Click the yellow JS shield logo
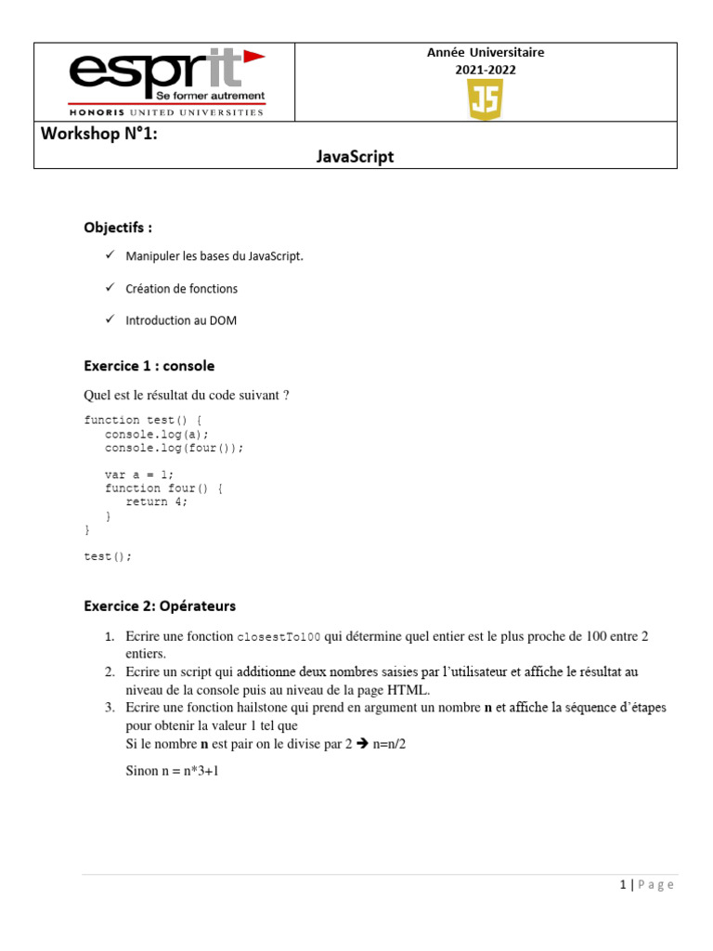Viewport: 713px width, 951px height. tap(486, 99)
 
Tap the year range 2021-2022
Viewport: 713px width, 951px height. tap(486, 70)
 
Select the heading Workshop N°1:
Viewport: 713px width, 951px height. tap(99, 134)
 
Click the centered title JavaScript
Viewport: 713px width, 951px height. tap(355, 157)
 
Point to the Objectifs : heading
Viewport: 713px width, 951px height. tap(118, 228)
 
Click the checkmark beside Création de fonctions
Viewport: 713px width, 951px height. tap(109, 288)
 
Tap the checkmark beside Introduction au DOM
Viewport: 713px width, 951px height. tap(109, 319)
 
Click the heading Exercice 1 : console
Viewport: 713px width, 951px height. tap(149, 366)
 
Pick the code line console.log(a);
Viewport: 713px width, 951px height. tap(157, 434)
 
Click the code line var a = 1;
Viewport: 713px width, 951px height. tap(139, 475)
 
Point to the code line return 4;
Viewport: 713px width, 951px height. tap(157, 502)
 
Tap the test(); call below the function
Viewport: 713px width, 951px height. tap(108, 556)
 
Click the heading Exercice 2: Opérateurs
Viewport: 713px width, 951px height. tap(160, 606)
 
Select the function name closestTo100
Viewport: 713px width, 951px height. tap(279, 637)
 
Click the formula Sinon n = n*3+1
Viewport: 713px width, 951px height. tap(172, 771)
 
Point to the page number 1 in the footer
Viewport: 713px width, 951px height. tap(624, 885)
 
